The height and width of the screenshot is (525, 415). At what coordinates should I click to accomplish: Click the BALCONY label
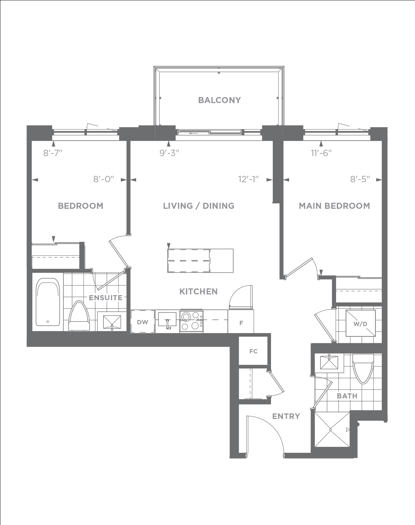click(219, 100)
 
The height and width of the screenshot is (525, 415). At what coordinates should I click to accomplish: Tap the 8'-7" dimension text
click(53, 153)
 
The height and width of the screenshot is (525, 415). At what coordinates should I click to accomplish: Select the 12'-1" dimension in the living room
click(249, 179)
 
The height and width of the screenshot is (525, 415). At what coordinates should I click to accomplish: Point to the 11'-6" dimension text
click(322, 153)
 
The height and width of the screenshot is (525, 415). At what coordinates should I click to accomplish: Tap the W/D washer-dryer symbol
click(361, 323)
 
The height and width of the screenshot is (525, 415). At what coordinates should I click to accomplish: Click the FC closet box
click(253, 351)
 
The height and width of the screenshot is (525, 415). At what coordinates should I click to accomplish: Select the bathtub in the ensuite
click(48, 302)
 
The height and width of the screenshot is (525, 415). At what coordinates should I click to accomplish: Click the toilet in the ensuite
click(79, 316)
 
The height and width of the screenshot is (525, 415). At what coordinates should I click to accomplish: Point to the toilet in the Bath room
click(363, 369)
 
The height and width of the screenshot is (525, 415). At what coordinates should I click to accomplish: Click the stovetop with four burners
click(191, 321)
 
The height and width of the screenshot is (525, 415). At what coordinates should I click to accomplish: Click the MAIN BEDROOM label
click(334, 206)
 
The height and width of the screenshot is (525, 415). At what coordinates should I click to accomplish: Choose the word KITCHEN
click(198, 291)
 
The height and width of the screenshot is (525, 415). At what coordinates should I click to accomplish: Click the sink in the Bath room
click(329, 363)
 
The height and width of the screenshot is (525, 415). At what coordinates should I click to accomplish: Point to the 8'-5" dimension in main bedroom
click(360, 179)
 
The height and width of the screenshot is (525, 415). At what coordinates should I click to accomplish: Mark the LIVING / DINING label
click(199, 206)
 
